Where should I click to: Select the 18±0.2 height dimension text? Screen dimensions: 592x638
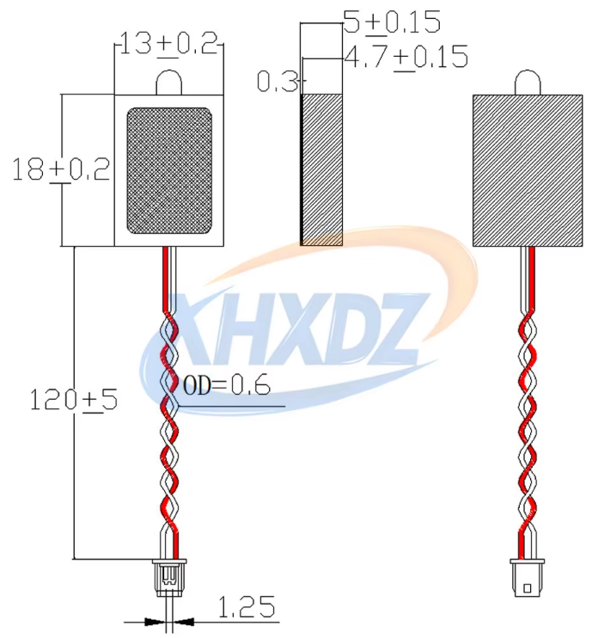click(61, 169)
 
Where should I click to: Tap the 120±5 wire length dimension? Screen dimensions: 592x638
click(74, 400)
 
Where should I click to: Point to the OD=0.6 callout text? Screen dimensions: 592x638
click(227, 385)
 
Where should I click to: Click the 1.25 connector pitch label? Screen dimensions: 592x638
click(247, 607)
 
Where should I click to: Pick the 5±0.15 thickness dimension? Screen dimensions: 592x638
click(392, 22)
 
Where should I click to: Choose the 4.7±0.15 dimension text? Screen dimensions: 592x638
click(406, 57)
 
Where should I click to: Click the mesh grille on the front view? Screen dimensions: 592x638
click(169, 171)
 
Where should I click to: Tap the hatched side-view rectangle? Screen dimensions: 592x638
click(321, 169)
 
